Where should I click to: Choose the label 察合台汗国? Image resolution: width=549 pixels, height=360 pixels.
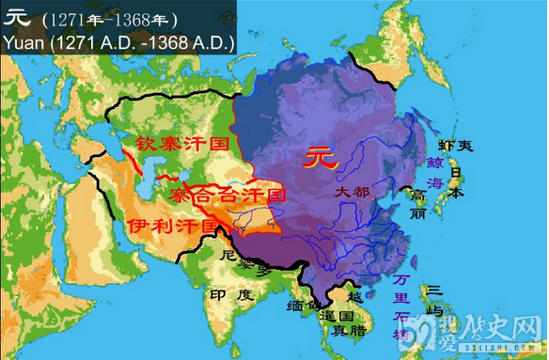click(x=227, y=196)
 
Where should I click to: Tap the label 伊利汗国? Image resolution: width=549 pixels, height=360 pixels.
click(x=167, y=227)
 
